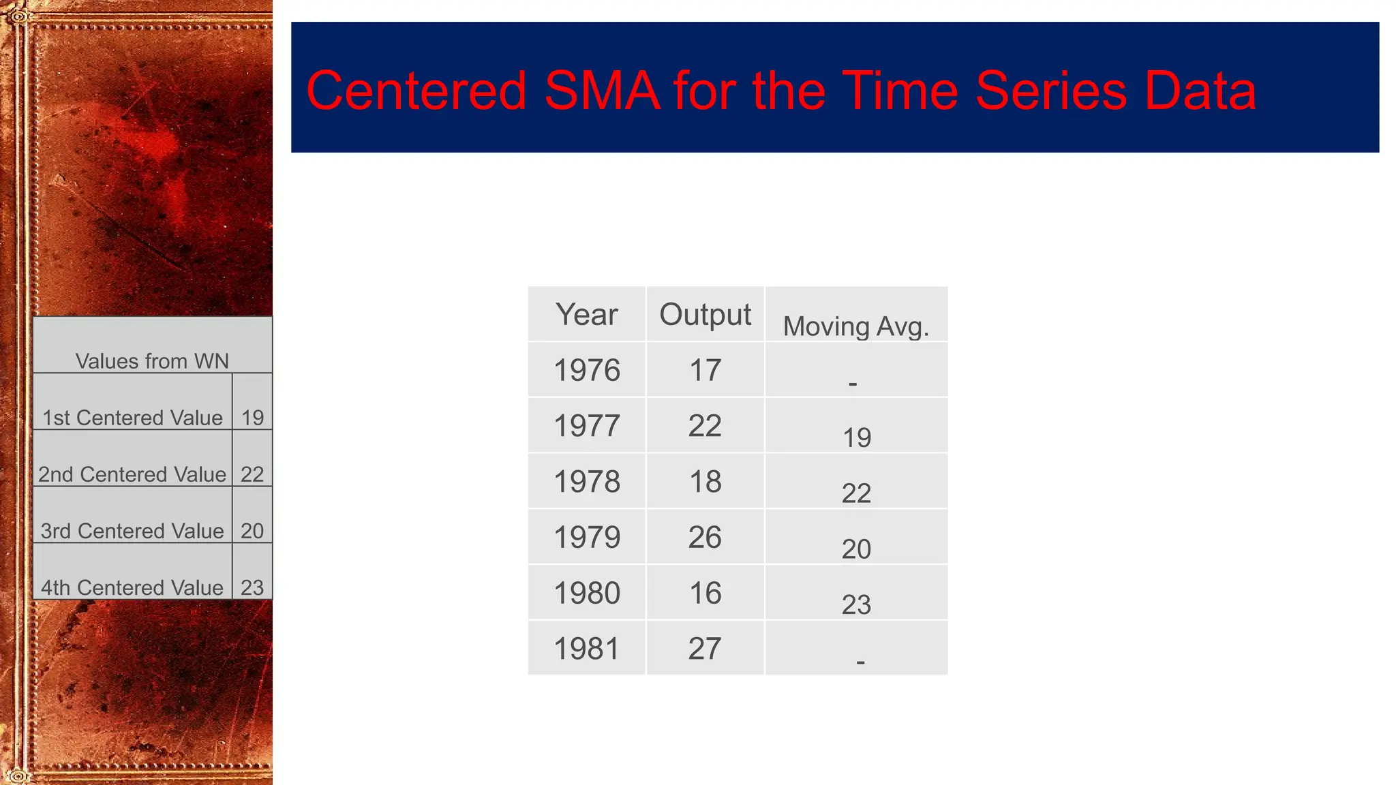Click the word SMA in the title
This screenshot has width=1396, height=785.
[x=602, y=91]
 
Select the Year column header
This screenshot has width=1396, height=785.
[x=586, y=315]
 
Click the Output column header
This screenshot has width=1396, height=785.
[x=705, y=315]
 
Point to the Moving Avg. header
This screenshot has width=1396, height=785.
[x=855, y=326]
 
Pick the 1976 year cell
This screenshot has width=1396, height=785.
[x=586, y=371]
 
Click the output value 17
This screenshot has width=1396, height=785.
[x=705, y=371]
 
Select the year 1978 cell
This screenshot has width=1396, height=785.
[x=586, y=482]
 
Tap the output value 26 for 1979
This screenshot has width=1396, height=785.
[x=705, y=538]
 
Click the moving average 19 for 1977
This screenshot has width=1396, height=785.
[x=857, y=437]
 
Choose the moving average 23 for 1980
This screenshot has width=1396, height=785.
[x=856, y=604]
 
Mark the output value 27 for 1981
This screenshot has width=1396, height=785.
[x=705, y=649]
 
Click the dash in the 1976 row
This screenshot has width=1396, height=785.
[x=853, y=384]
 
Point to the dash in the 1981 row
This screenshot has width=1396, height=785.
[x=860, y=662]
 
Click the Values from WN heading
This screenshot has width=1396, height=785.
[x=152, y=361]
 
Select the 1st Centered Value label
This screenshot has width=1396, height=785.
[x=132, y=418]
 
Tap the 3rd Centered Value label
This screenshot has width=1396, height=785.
[x=132, y=531]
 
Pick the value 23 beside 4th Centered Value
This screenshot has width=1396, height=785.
[x=252, y=587]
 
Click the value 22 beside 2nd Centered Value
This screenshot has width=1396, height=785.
[x=252, y=474]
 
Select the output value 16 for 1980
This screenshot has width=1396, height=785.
[x=705, y=593]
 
